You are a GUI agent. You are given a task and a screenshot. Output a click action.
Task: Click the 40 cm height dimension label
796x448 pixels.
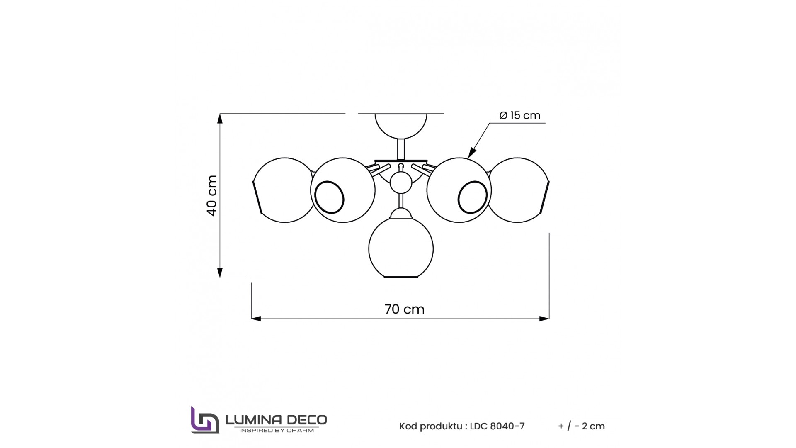tap(212, 195)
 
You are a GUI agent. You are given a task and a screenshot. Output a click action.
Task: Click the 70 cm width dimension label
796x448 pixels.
tap(404, 309)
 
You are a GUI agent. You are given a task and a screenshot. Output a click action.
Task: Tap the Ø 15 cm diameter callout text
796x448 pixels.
tap(520, 115)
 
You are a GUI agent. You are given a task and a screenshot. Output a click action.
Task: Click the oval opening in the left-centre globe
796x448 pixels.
tap(329, 197)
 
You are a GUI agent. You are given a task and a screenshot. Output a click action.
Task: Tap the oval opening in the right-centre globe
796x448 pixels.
tap(473, 197)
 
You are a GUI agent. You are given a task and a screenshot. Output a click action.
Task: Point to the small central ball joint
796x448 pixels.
tap(401, 183)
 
